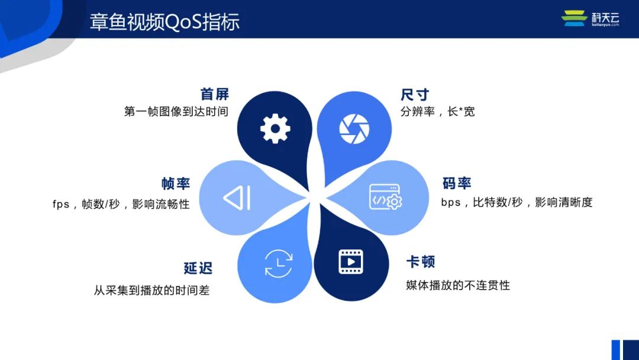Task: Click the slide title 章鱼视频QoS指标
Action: click(x=164, y=22)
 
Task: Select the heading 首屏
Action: click(x=215, y=94)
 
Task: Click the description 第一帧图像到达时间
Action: click(x=176, y=111)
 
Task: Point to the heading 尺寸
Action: click(x=415, y=95)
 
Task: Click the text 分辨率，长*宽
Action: click(x=438, y=111)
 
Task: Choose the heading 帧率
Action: click(x=176, y=184)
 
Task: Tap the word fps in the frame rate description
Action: click(x=61, y=204)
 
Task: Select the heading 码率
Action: click(x=457, y=183)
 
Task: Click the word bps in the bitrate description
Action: click(x=451, y=202)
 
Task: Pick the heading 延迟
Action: click(x=198, y=268)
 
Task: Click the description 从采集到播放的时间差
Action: click(x=151, y=290)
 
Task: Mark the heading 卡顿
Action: click(x=421, y=261)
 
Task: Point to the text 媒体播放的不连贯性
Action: click(x=458, y=285)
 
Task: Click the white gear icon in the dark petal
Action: click(x=275, y=128)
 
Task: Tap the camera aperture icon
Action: click(x=354, y=129)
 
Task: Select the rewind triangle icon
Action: click(x=237, y=198)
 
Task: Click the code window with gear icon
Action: click(x=386, y=197)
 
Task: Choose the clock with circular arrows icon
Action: click(x=279, y=263)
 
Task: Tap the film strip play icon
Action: click(x=351, y=262)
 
